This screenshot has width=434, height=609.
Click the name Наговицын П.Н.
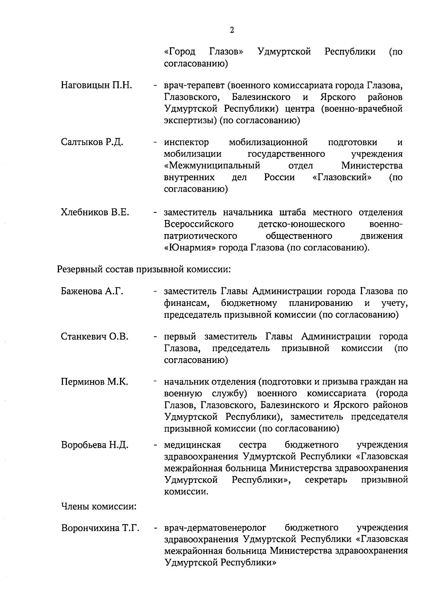point(96,85)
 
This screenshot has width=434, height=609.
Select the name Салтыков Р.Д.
point(92,142)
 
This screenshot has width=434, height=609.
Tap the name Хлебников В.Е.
point(95,212)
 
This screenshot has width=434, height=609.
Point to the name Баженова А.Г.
point(92,291)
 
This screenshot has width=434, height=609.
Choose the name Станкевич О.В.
point(95,337)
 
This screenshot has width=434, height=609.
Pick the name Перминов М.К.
point(94,382)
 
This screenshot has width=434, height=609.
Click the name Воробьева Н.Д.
point(95,445)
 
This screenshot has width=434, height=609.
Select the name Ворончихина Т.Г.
point(100,528)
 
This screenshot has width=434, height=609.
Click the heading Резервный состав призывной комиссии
point(144,269)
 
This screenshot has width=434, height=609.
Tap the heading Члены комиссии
point(99,506)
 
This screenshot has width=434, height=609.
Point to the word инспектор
point(186,142)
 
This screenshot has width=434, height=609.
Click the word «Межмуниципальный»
point(212,166)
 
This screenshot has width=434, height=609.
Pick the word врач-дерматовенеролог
point(215,528)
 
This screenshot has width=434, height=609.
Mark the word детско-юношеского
point(301,224)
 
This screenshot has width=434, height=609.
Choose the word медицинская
point(192,445)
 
